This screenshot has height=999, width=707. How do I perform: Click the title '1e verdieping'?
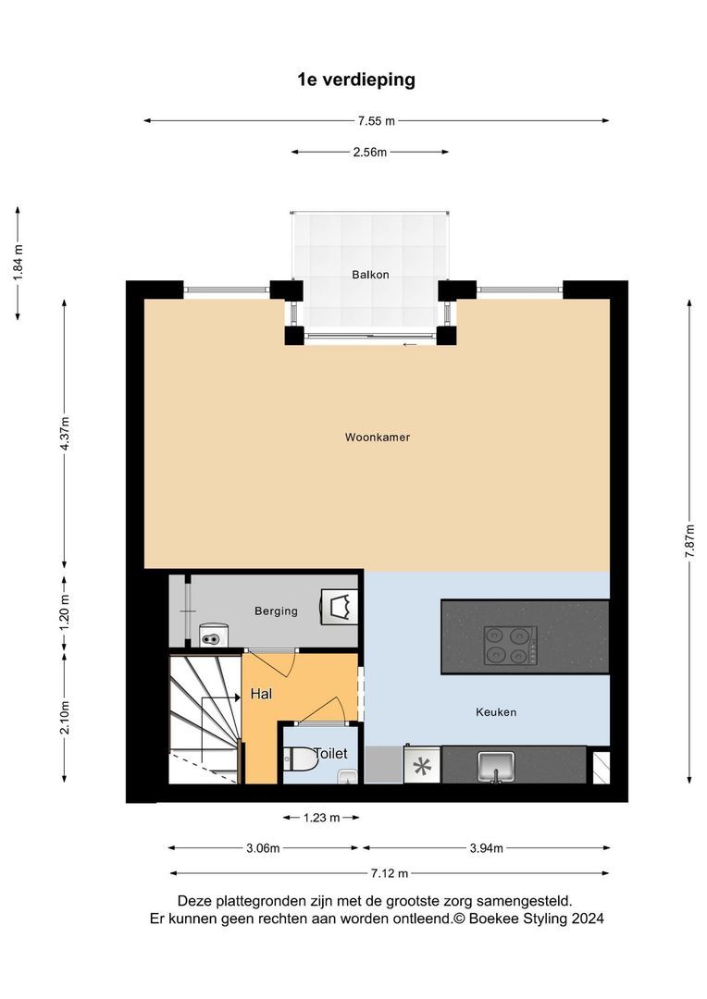(355, 80)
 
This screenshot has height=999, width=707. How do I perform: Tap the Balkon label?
(370, 275)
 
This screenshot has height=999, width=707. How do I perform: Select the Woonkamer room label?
(378, 437)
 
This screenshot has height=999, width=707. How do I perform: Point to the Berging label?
(276, 611)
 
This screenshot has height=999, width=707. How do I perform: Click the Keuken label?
(496, 711)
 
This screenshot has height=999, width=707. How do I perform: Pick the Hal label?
(261, 694)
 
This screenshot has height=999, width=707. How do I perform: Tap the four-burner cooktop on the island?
(510, 646)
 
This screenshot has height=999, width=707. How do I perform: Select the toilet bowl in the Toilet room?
(301, 758)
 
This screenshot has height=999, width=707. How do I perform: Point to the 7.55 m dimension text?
(376, 120)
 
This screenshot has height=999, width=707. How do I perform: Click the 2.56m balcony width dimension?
(370, 153)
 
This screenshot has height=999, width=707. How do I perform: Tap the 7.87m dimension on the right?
(689, 541)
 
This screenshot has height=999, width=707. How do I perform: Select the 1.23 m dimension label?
(321, 818)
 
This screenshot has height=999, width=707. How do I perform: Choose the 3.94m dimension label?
(487, 848)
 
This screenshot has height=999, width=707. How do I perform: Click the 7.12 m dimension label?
(390, 873)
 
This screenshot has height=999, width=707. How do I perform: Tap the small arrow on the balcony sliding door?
(410, 345)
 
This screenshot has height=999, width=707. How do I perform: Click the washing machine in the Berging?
(214, 635)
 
